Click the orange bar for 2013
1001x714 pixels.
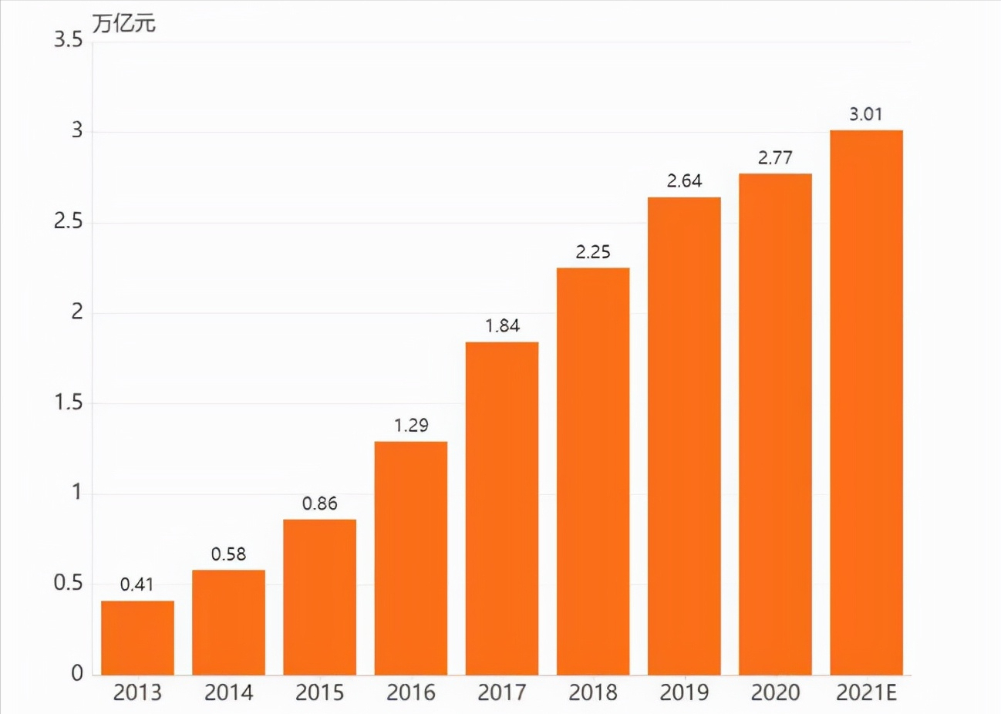pyautogui.click(x=137, y=638)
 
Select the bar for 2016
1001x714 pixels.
pyautogui.click(x=411, y=558)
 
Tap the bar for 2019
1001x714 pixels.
pyautogui.click(x=684, y=436)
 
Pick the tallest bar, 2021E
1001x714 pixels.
pyautogui.click(x=866, y=402)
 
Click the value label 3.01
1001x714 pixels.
pyautogui.click(x=866, y=114)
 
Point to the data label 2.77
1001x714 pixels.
pyautogui.click(x=775, y=157)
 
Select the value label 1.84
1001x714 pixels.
pyautogui.click(x=502, y=325)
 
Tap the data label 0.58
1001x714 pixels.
pyautogui.click(x=228, y=554)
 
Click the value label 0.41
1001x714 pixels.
pyautogui.click(x=137, y=584)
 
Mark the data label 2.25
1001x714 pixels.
pyautogui.click(x=593, y=251)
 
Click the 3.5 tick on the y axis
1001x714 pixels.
pyautogui.click(x=68, y=40)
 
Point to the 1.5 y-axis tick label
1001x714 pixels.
pyautogui.click(x=68, y=402)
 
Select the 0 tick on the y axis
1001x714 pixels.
pyautogui.click(x=76, y=673)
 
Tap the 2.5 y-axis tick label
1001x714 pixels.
pyautogui.click(x=68, y=221)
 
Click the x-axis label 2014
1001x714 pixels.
pyautogui.click(x=228, y=692)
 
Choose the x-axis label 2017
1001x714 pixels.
pyautogui.click(x=502, y=692)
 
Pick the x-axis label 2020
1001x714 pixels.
pyautogui.click(x=775, y=692)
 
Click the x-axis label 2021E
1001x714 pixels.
pyautogui.click(x=866, y=692)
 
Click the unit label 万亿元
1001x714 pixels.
pyautogui.click(x=123, y=23)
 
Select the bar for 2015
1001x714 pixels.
pyautogui.click(x=319, y=597)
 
